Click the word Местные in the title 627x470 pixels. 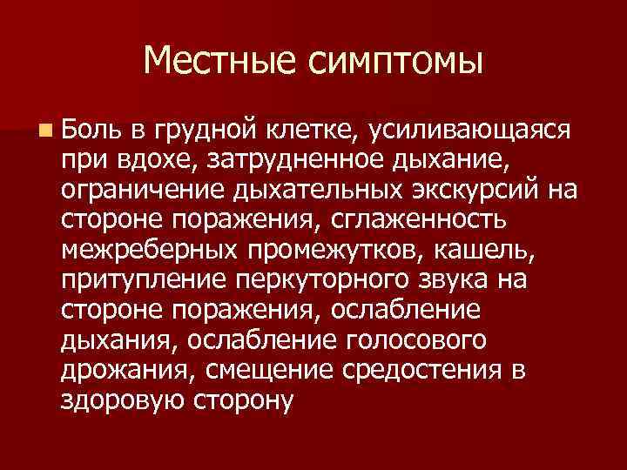[x=217, y=61]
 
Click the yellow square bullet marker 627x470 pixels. [x=44, y=131]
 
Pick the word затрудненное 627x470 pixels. [x=299, y=159]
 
